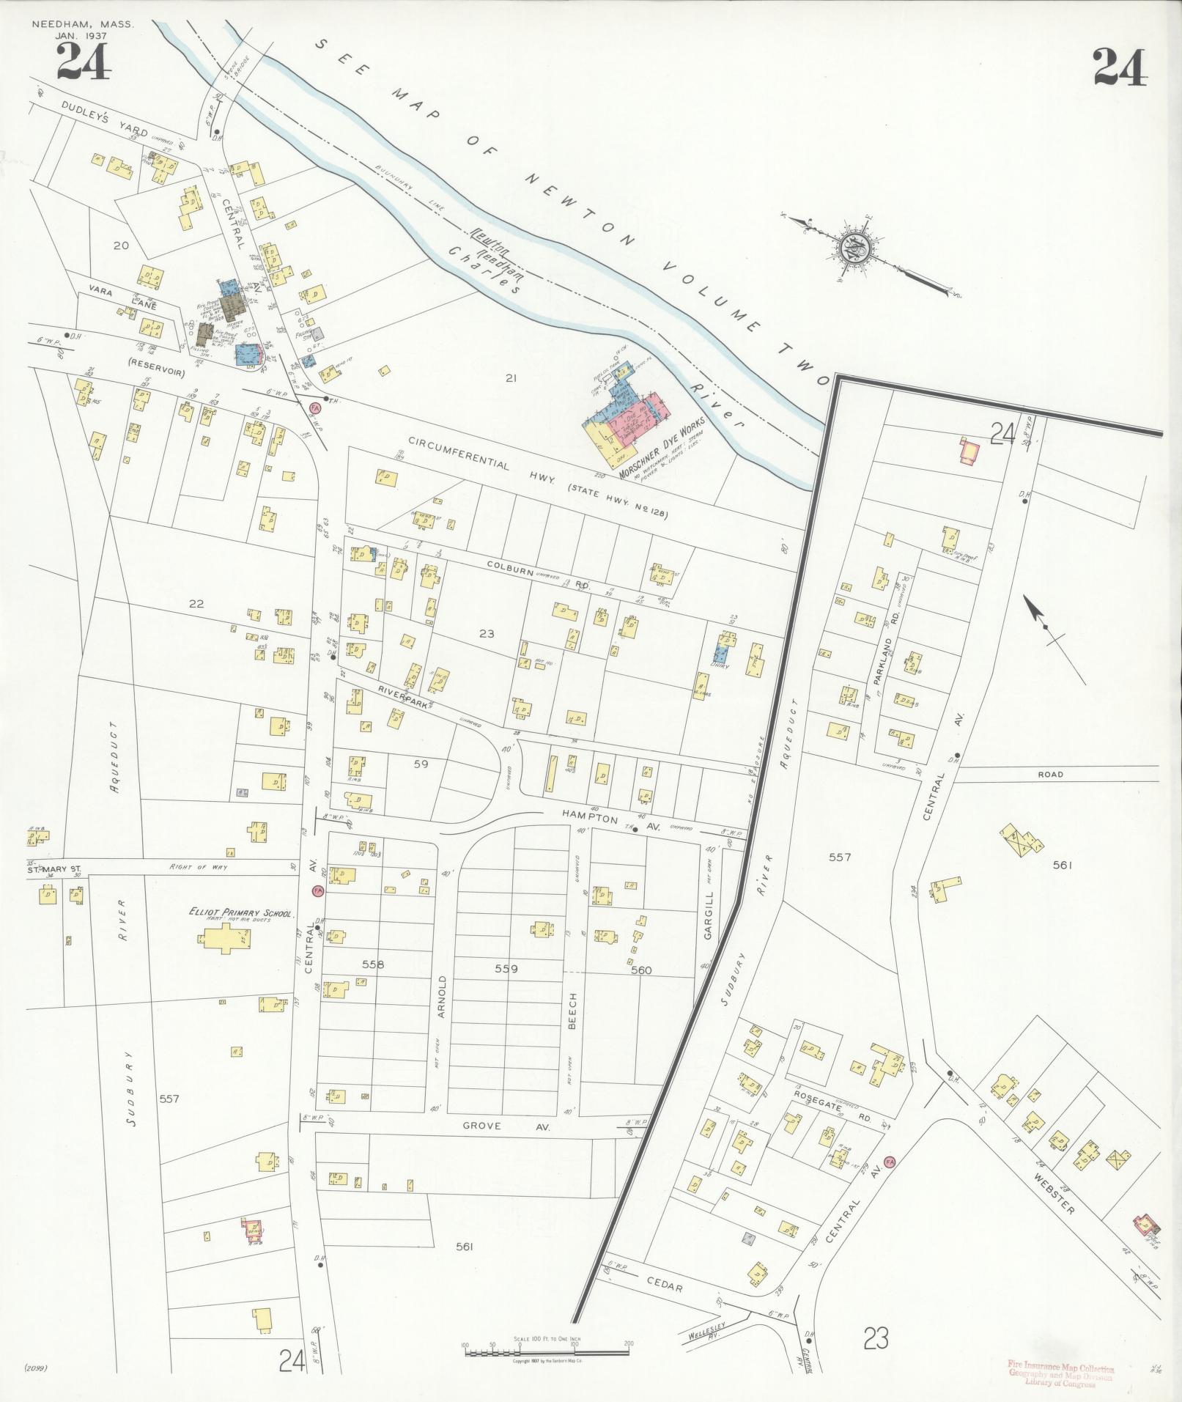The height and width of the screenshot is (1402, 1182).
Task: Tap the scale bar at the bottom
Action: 547,1351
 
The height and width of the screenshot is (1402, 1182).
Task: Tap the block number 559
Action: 506,968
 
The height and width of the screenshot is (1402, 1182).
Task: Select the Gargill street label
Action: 709,921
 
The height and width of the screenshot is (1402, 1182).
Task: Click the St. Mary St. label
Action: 53,870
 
